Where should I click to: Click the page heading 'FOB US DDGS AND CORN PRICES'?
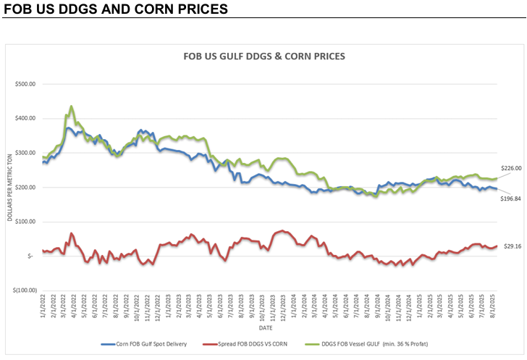116,9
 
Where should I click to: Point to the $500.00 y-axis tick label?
26,84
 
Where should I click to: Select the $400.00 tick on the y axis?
26,118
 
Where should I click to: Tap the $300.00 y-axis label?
26,153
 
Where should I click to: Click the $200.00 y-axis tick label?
26,187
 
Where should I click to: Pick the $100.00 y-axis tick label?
26,222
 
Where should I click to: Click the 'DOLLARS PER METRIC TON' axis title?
11,187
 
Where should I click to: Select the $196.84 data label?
512,198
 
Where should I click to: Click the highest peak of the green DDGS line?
71,106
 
